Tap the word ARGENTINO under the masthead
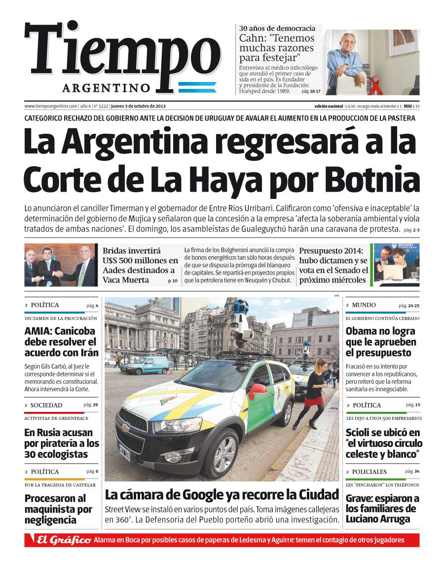(106, 88)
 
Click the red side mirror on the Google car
(257, 392)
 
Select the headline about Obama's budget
(380, 342)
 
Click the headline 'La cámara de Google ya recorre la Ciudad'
(222, 494)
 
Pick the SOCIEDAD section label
(46, 405)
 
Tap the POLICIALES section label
(369, 472)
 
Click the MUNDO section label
(364, 305)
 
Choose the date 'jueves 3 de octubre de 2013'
(138, 106)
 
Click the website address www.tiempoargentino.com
(51, 106)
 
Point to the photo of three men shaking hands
(60, 265)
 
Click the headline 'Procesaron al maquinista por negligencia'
(58, 509)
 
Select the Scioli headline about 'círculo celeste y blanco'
(383, 444)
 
